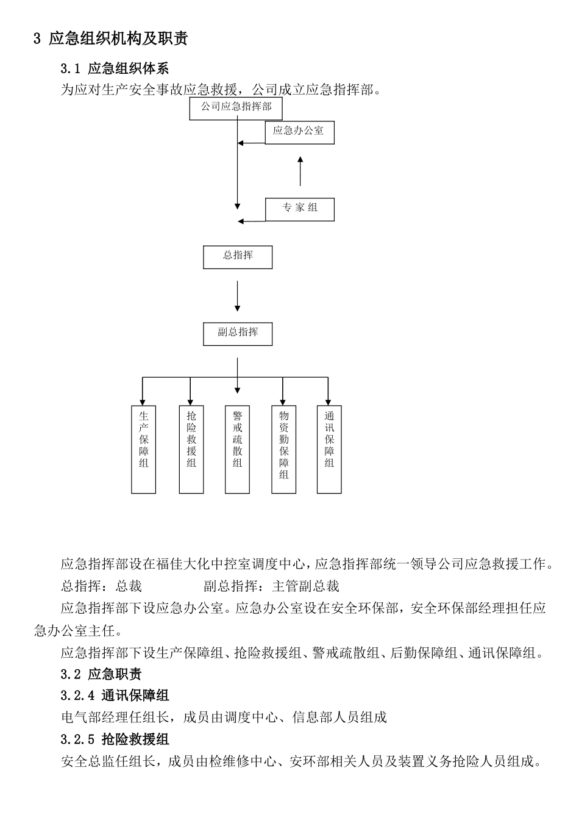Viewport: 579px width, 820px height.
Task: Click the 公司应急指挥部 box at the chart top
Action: [236, 108]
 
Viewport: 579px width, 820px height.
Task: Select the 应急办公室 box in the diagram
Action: [299, 132]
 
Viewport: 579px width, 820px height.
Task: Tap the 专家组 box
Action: [300, 209]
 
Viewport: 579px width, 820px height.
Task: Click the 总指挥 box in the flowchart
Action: [238, 257]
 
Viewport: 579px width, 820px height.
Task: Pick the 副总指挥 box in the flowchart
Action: [238, 333]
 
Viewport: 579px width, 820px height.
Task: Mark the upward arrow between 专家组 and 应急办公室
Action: [300, 171]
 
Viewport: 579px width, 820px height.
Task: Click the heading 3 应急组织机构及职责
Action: [111, 39]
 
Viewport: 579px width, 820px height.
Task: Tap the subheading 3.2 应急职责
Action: [101, 674]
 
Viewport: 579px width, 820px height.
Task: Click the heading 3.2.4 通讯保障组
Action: [115, 695]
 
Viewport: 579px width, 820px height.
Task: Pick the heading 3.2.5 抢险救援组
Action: [115, 739]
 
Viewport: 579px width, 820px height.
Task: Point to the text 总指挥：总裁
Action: [101, 586]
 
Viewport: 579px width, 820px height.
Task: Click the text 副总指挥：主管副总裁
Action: [271, 586]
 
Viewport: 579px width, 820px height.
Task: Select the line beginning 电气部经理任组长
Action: [224, 717]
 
